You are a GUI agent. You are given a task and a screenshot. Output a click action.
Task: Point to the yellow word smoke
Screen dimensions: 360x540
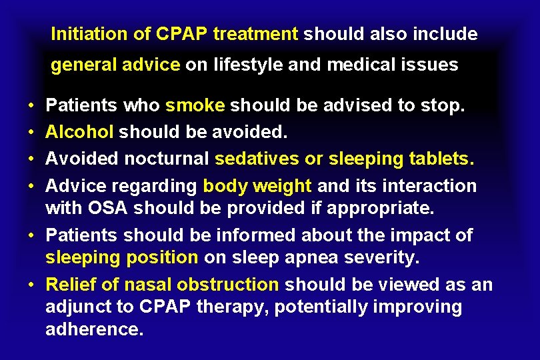196,106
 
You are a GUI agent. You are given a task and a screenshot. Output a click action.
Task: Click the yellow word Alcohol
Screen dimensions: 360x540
79,132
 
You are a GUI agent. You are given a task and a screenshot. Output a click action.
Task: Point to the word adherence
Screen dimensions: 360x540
94,329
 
